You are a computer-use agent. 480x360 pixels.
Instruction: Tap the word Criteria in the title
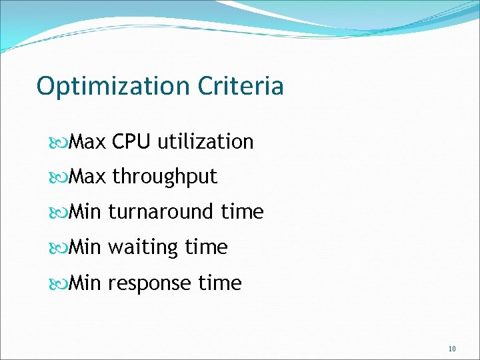click(x=241, y=86)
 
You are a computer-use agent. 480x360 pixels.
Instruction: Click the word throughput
click(x=165, y=177)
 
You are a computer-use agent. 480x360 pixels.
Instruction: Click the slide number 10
click(x=452, y=349)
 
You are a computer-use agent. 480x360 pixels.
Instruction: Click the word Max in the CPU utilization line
click(x=87, y=141)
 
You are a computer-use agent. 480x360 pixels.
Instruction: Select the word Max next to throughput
click(x=87, y=177)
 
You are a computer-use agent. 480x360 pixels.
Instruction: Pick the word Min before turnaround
click(x=85, y=212)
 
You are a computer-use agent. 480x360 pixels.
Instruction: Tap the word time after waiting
click(x=207, y=247)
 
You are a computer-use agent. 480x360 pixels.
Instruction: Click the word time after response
click(x=220, y=283)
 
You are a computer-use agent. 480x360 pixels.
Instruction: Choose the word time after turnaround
click(x=243, y=212)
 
